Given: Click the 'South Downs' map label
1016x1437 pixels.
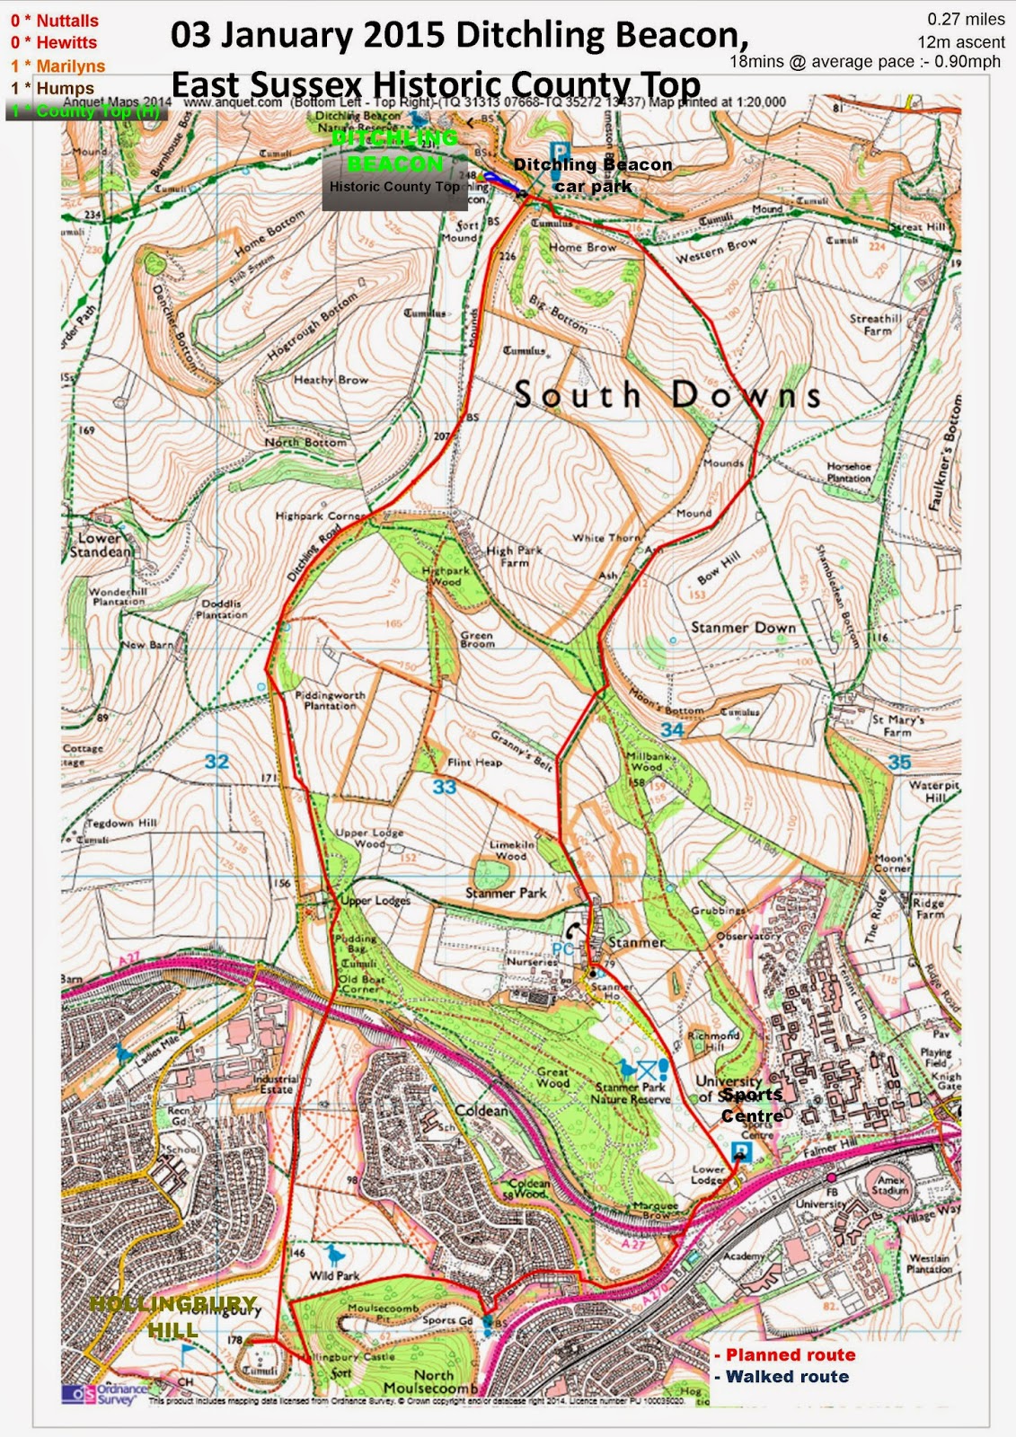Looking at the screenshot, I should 667,395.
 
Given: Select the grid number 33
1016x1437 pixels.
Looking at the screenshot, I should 444,788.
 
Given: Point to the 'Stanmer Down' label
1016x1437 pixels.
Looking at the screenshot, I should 743,627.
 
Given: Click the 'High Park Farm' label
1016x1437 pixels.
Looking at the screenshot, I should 514,557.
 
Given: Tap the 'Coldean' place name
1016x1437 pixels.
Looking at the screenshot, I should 482,1111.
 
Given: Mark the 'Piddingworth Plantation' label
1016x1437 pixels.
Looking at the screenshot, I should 330,701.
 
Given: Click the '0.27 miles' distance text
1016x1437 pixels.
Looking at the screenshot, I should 966,19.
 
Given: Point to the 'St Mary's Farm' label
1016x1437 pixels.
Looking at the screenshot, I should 897,726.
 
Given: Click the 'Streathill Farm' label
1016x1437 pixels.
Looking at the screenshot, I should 876,324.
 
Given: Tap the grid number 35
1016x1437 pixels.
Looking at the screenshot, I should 899,762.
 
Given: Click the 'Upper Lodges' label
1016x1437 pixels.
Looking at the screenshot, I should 375,900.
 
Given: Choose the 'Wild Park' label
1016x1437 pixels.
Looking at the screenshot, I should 334,1275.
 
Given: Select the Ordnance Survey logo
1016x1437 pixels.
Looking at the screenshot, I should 103,1393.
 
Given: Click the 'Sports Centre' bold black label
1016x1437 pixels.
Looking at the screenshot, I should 752,1105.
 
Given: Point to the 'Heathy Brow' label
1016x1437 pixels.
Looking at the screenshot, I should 331,380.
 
